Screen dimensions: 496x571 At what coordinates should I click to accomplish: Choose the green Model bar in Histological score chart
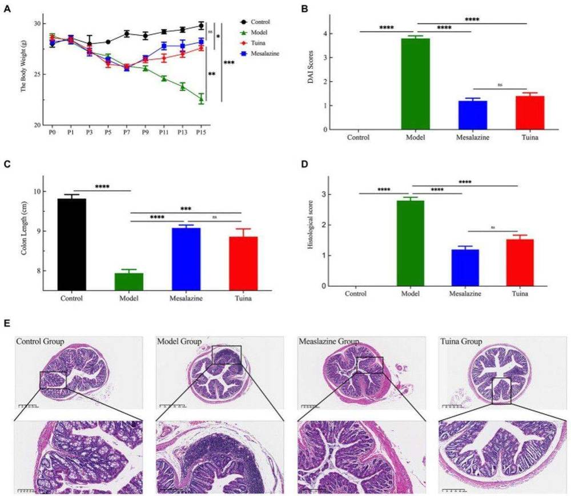tap(411, 242)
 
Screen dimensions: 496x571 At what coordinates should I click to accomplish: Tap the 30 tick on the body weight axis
tap(37, 23)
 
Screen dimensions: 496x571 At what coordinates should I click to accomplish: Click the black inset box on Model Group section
tap(226, 355)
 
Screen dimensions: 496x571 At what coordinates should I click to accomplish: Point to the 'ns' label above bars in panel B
tap(499, 85)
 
